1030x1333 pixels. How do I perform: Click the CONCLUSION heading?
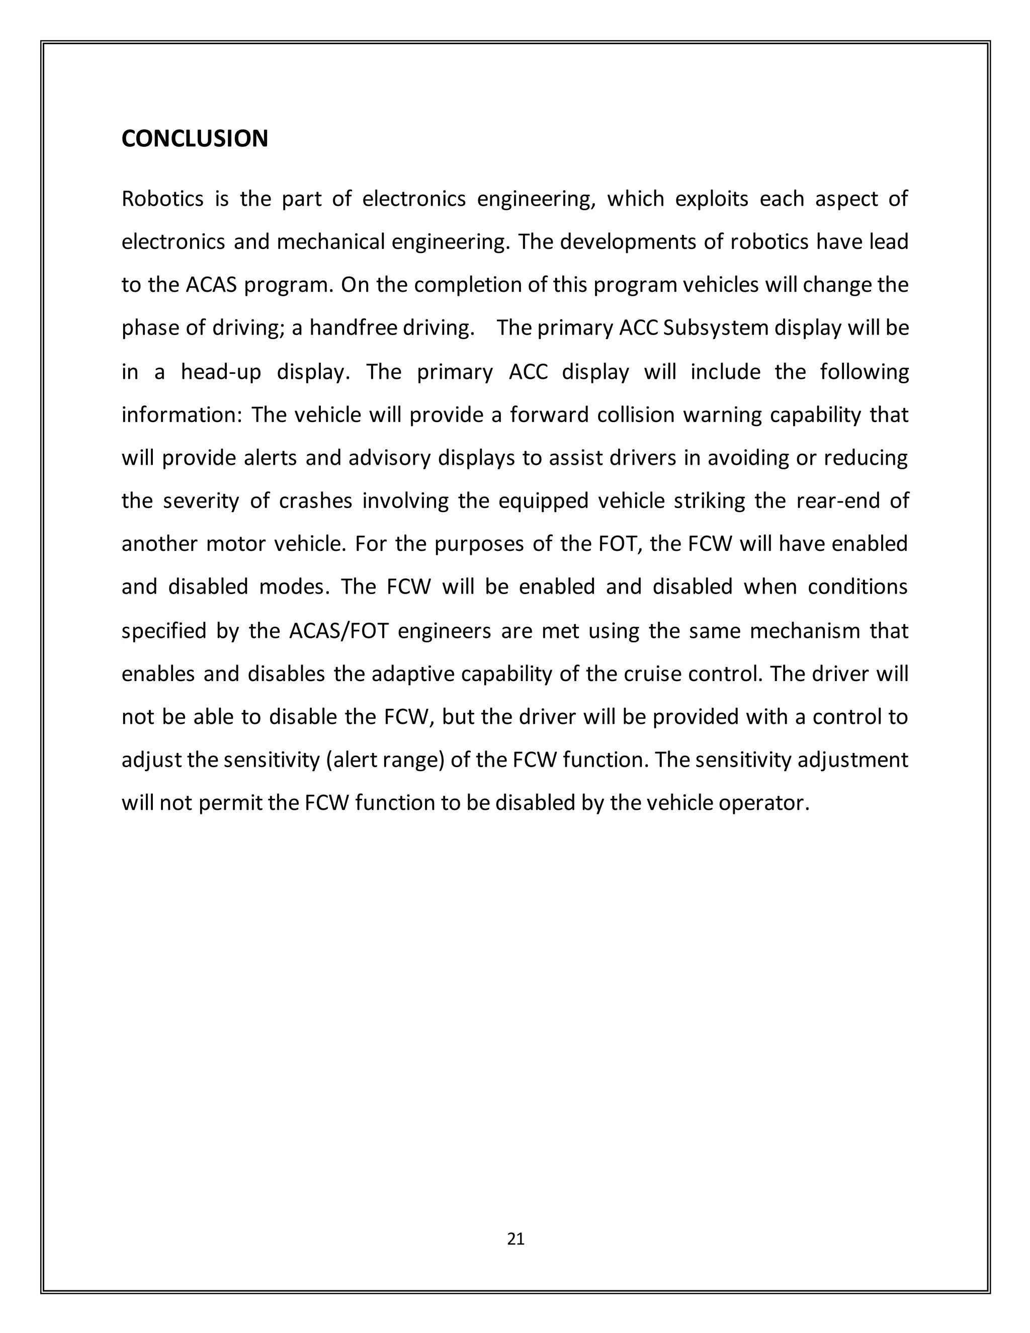195,139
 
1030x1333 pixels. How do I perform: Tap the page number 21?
516,1239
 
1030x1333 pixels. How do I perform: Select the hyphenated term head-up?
221,372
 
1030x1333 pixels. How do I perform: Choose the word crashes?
315,501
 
